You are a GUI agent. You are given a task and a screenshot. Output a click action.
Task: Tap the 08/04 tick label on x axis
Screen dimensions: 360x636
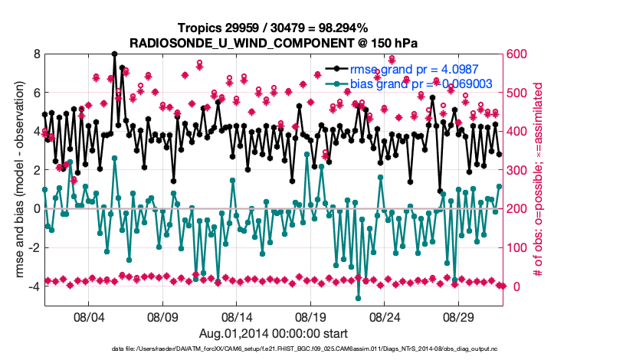pyautogui.click(x=88, y=316)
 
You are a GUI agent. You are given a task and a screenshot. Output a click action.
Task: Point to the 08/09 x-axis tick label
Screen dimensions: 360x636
pyautogui.click(x=162, y=316)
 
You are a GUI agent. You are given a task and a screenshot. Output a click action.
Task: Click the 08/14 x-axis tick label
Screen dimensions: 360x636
pyautogui.click(x=237, y=316)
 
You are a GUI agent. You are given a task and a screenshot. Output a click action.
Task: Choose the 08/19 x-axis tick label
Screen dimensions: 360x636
pyautogui.click(x=311, y=316)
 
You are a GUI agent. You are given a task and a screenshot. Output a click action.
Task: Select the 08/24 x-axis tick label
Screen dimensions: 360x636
pyautogui.click(x=385, y=316)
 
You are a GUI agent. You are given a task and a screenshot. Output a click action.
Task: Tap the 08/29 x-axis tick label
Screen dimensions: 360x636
pyautogui.click(x=460, y=316)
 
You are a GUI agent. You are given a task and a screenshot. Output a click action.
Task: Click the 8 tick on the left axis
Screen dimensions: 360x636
pyautogui.click(x=36, y=54)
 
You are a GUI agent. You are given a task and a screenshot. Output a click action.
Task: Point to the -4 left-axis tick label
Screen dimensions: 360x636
pyautogui.click(x=34, y=286)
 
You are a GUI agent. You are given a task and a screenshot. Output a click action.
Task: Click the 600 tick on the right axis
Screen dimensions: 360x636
pyautogui.click(x=517, y=54)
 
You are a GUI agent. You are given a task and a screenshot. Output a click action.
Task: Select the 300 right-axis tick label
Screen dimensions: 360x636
pyautogui.click(x=517, y=170)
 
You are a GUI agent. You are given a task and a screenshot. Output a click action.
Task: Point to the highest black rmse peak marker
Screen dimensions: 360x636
pyautogui.click(x=114, y=54)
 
